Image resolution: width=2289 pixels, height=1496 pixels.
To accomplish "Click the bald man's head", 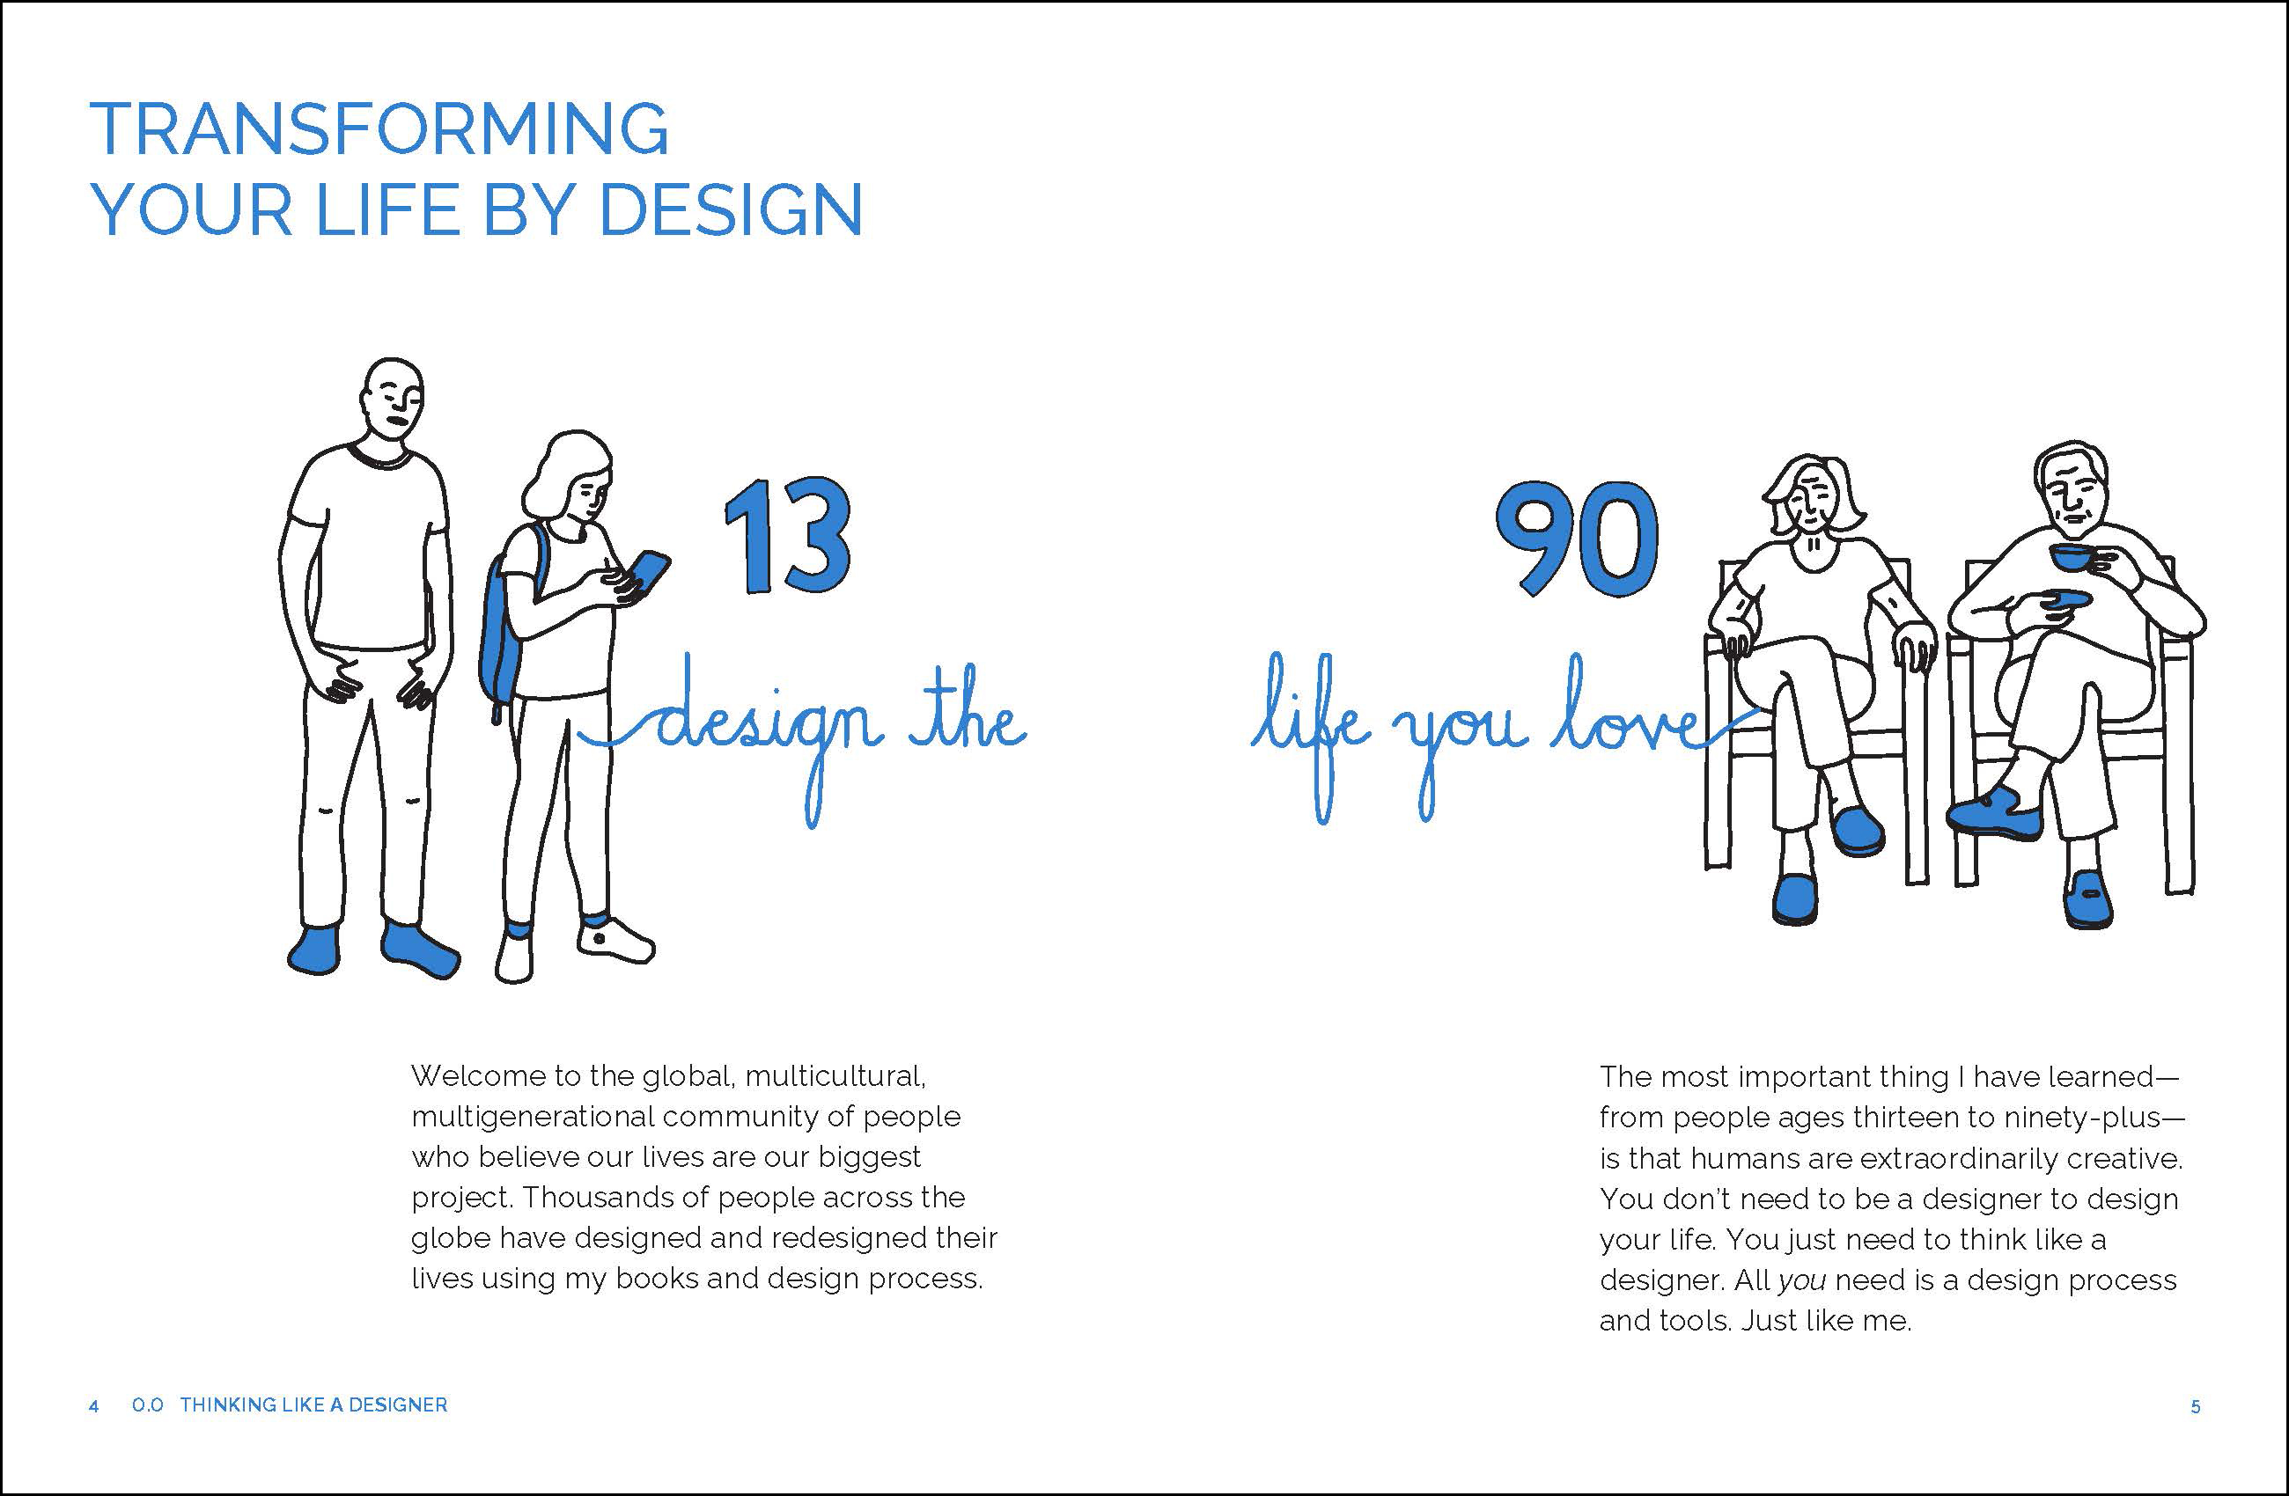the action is (393, 396).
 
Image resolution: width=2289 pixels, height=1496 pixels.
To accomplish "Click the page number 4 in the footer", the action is (93, 1406).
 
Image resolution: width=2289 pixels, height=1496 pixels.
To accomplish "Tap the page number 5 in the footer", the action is (2196, 1407).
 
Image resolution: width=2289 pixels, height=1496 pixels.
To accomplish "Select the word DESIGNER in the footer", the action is (397, 1405).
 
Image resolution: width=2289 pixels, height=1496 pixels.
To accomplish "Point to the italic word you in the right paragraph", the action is (1801, 1281).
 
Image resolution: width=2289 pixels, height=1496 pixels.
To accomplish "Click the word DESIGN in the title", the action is (731, 209).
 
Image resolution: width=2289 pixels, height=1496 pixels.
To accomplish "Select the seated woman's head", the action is (1808, 495).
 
